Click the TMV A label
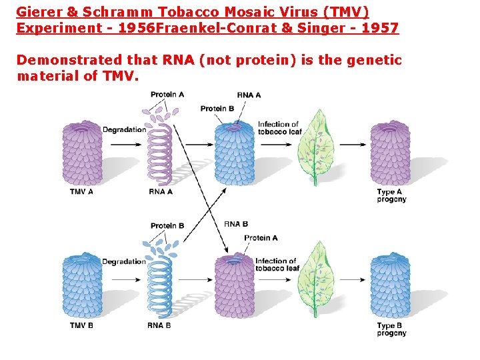[81, 192]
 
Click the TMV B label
[81, 325]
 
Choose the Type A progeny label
[391, 195]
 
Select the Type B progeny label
[391, 329]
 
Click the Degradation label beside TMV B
[123, 262]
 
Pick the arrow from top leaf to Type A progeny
[351, 144]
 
